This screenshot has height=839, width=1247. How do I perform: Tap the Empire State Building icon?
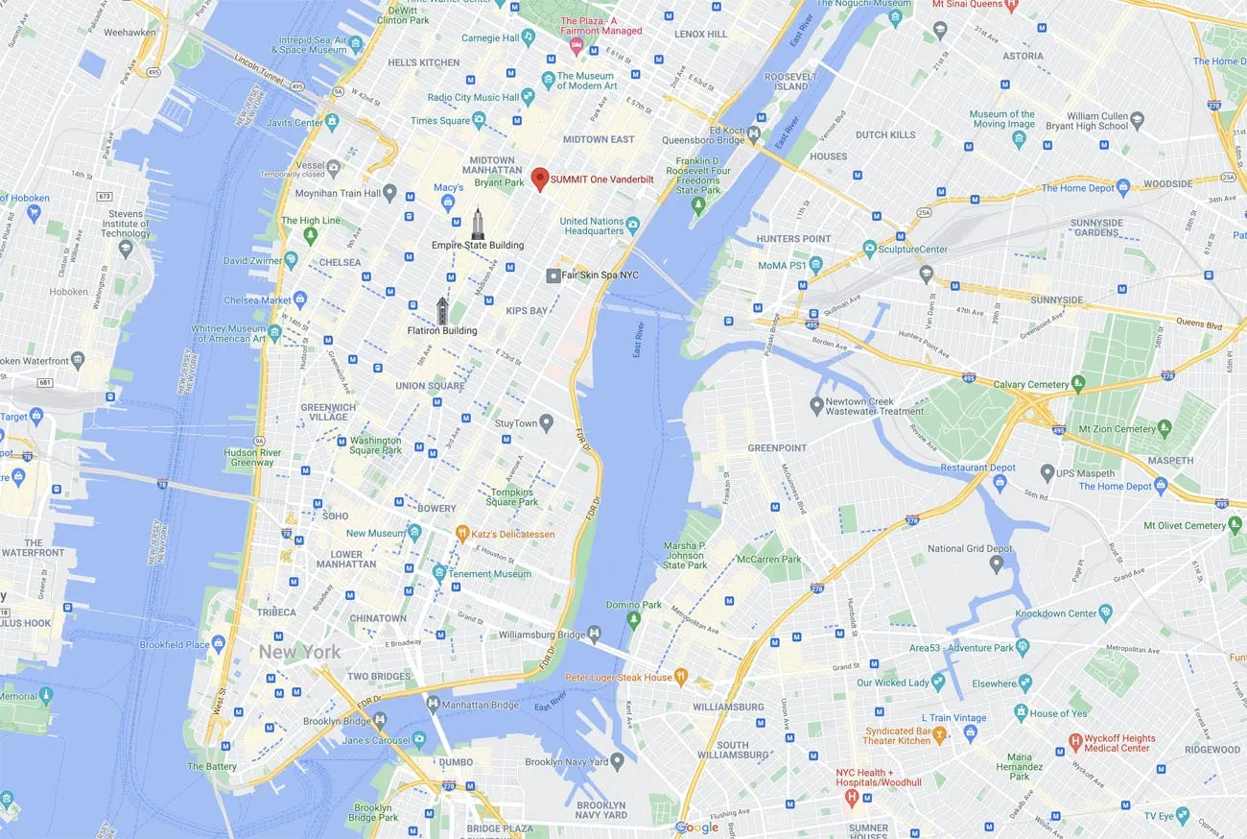click(x=478, y=224)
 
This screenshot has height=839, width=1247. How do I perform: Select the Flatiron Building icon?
click(x=442, y=310)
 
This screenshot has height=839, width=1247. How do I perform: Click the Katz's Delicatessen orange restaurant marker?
click(x=461, y=534)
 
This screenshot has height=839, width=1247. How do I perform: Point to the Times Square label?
click(x=440, y=121)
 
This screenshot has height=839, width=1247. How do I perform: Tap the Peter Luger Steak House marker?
click(x=681, y=677)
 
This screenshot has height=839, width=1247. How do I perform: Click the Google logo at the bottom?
click(x=696, y=827)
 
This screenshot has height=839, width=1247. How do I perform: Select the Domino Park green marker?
click(x=633, y=619)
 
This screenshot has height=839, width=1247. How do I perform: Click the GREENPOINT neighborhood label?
click(x=777, y=448)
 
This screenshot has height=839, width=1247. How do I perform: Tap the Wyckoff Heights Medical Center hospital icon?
click(x=1075, y=742)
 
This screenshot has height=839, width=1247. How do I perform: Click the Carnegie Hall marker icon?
click(x=528, y=36)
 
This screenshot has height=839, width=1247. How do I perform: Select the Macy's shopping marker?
click(x=447, y=202)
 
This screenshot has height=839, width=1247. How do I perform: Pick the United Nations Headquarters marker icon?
click(x=633, y=226)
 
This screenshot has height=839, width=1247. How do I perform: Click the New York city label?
click(x=299, y=652)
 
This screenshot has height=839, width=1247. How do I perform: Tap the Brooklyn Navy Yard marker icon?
click(x=617, y=761)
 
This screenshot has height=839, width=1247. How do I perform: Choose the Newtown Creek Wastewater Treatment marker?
click(x=816, y=406)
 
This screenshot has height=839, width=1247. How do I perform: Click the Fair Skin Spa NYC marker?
click(x=553, y=276)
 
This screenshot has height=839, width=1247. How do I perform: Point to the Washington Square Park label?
click(x=375, y=445)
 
